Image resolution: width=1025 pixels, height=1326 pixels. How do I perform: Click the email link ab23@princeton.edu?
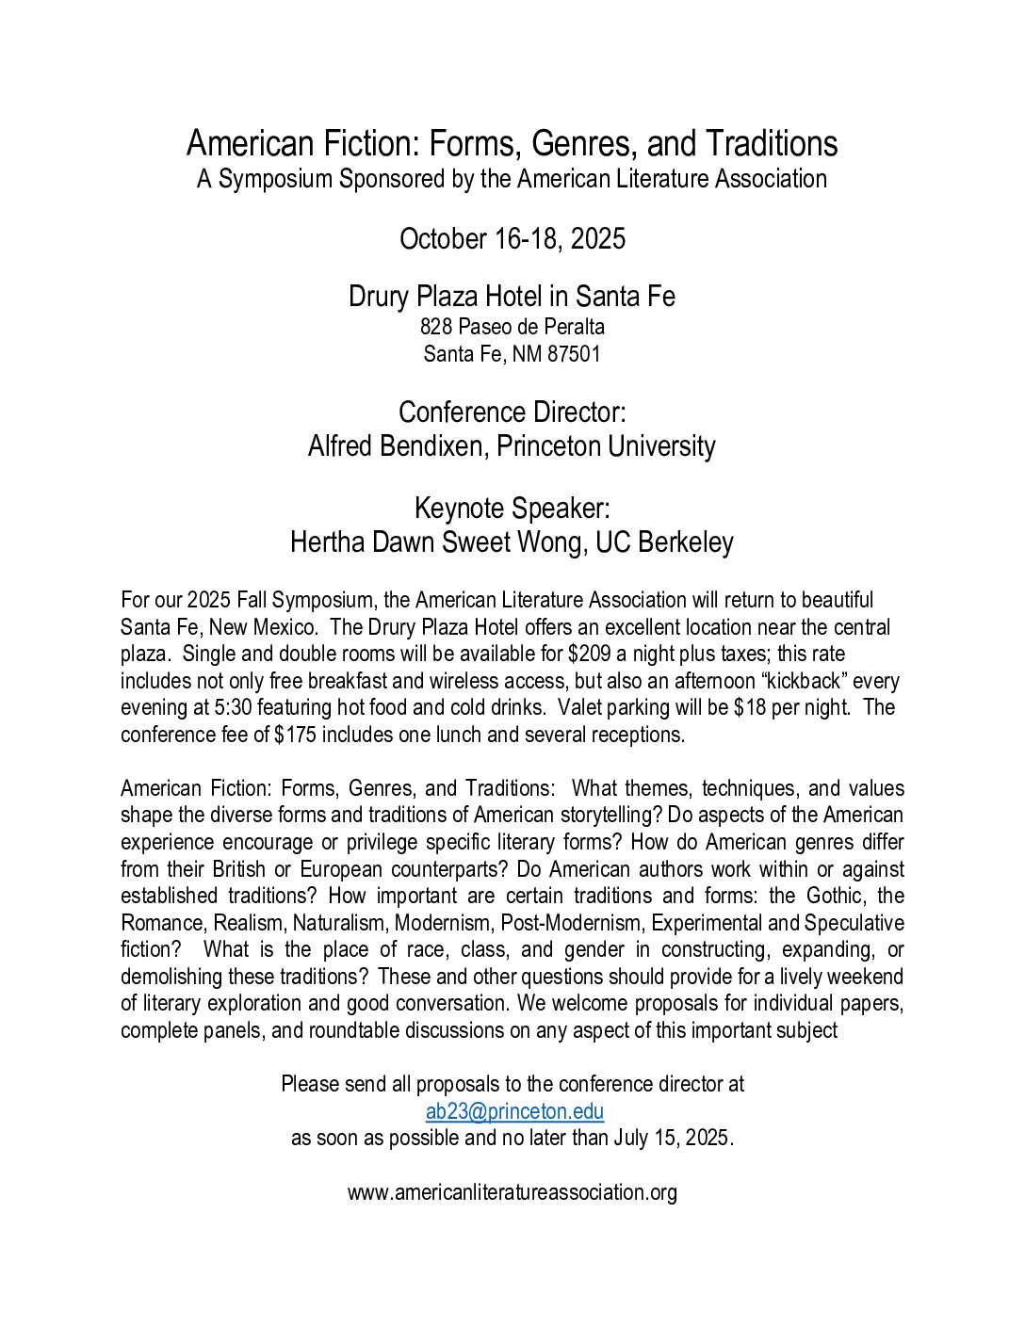click(514, 1111)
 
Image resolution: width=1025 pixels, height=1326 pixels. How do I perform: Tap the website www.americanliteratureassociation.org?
click(512, 1192)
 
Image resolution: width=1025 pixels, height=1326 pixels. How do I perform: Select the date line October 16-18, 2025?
click(512, 239)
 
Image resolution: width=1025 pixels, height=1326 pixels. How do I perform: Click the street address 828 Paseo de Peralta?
click(512, 327)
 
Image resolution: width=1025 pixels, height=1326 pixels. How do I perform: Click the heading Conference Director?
click(512, 412)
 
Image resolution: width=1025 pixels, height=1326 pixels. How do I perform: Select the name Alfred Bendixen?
click(397, 446)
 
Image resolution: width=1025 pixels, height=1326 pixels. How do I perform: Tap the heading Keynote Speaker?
click(512, 509)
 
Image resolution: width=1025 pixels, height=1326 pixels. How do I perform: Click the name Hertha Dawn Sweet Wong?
click(437, 542)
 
